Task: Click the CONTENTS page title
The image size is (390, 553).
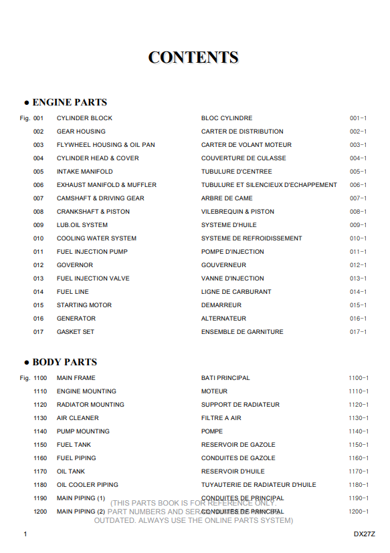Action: point(193,57)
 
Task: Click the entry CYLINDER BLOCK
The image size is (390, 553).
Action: point(84,118)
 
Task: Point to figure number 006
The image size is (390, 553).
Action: point(38,185)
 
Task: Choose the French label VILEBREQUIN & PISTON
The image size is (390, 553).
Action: point(237,212)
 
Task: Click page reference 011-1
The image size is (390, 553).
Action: point(358,252)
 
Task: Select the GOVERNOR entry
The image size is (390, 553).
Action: point(75,265)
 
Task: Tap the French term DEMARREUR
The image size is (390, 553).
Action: point(221,305)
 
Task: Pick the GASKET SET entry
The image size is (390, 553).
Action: point(76,332)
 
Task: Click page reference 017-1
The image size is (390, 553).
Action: point(358,332)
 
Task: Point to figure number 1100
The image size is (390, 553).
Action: point(40,378)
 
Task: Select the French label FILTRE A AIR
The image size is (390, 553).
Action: point(221,418)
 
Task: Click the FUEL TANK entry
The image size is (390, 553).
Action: point(74,445)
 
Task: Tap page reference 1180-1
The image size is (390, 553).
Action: point(358,485)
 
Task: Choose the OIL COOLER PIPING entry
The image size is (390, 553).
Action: point(88,485)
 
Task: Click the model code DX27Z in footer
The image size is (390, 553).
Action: point(365,534)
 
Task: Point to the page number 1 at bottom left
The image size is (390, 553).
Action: point(25,534)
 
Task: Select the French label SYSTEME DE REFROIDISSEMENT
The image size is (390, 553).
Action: point(252,238)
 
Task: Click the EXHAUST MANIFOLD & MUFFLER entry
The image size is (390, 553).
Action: point(106,185)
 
